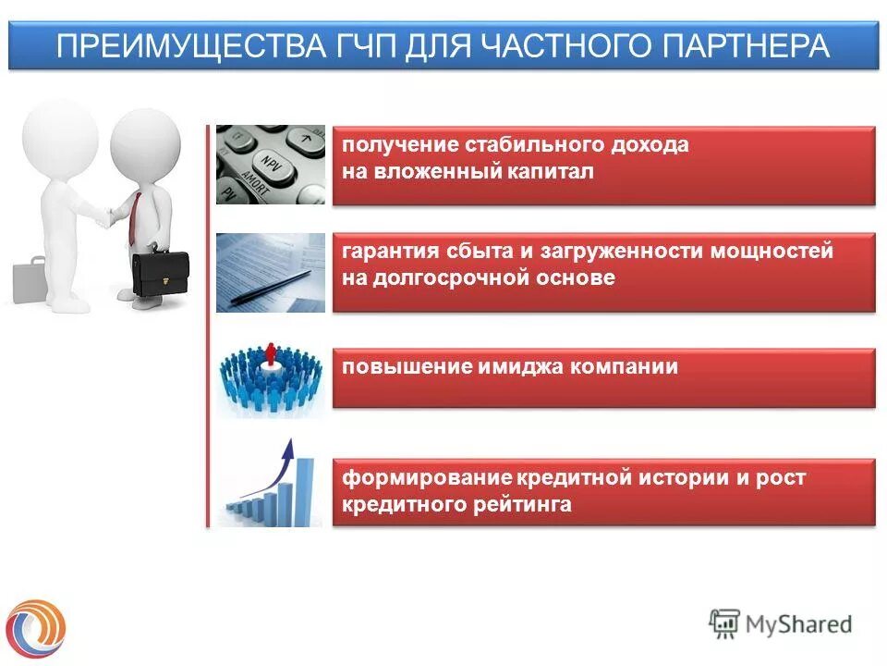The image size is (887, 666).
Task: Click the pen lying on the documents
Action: [277, 281]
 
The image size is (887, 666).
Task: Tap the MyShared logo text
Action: [798, 623]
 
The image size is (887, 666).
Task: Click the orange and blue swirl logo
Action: [36, 625]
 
